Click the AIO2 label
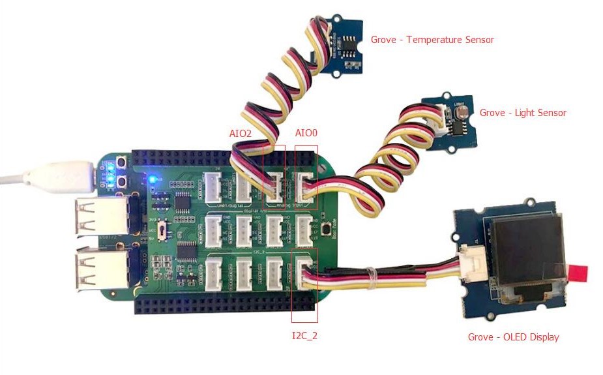click(240, 133)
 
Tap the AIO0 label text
click(306, 133)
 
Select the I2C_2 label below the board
click(304, 337)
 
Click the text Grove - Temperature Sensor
click(432, 40)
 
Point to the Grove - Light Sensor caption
click(523, 113)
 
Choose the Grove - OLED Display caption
click(513, 337)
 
